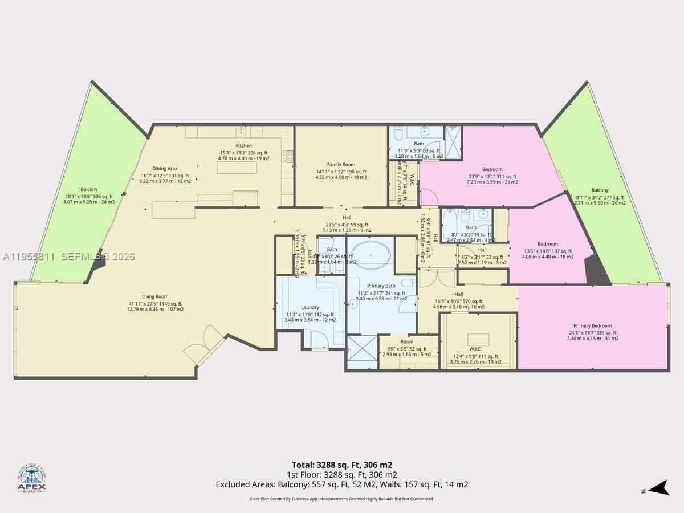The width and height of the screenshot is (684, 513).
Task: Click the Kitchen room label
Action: point(244,146)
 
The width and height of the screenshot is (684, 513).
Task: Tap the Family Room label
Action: point(341,165)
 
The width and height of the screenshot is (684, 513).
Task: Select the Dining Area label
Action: point(165,169)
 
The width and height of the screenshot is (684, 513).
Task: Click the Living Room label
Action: point(155,296)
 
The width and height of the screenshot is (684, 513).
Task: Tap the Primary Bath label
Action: point(381,286)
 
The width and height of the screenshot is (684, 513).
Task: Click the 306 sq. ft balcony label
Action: point(89,189)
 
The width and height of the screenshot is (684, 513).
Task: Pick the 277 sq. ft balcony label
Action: point(600,190)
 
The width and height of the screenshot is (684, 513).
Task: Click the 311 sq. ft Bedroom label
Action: point(492,169)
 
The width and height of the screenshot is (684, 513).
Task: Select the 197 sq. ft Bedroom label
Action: point(548,244)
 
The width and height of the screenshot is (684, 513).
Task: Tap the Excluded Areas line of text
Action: point(342,484)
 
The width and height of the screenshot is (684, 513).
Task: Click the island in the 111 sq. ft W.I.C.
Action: point(478,339)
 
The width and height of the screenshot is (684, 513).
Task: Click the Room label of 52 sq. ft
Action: point(406,342)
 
